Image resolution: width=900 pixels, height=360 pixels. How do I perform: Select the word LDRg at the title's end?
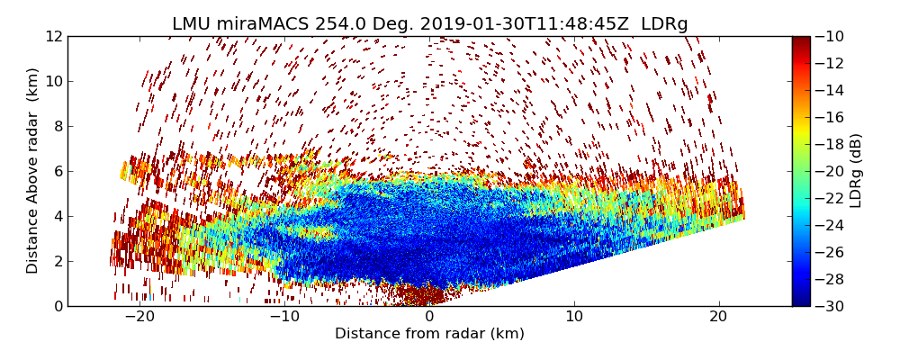click(x=664, y=24)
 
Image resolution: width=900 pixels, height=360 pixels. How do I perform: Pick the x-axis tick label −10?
click(x=283, y=317)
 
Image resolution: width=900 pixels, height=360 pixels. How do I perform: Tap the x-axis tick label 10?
click(x=574, y=317)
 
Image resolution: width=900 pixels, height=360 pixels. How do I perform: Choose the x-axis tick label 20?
click(x=718, y=317)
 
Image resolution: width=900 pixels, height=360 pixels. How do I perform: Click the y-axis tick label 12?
click(x=54, y=37)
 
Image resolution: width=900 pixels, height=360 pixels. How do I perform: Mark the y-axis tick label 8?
click(x=58, y=127)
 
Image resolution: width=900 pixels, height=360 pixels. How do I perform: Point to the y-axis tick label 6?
click(x=58, y=171)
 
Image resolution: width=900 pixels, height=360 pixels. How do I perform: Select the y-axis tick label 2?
click(x=58, y=261)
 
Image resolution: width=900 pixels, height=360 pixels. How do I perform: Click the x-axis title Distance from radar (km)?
click(x=429, y=334)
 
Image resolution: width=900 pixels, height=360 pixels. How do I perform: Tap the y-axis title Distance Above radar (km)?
click(x=33, y=171)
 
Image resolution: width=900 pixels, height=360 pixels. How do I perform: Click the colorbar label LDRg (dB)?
click(x=856, y=171)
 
